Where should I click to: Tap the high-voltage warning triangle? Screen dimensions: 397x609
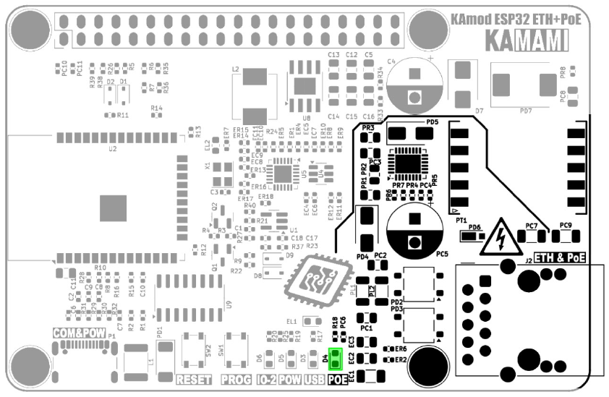(499, 236)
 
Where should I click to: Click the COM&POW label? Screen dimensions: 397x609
(79, 333)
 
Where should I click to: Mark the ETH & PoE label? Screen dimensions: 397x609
(560, 257)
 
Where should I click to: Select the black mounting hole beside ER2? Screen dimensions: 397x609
(426, 367)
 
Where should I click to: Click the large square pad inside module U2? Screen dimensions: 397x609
(114, 208)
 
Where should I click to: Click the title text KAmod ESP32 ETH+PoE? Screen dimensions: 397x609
(515, 20)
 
